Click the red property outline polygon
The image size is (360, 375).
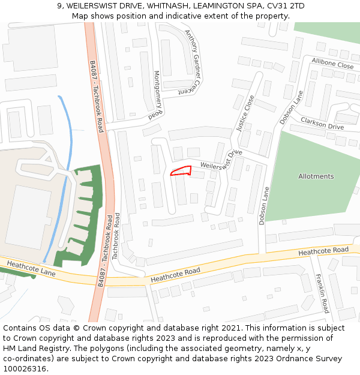[181, 172]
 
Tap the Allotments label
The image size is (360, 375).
[316, 176]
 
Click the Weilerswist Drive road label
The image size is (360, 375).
[221, 161]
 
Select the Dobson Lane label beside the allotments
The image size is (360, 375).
[263, 206]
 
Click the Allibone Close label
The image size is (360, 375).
[332, 64]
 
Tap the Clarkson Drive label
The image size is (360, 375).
[322, 124]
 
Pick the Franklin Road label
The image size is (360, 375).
[322, 293]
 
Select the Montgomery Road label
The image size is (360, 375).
[158, 95]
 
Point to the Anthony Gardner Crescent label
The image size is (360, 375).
[191, 62]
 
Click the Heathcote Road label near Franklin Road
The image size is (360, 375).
[323, 250]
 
